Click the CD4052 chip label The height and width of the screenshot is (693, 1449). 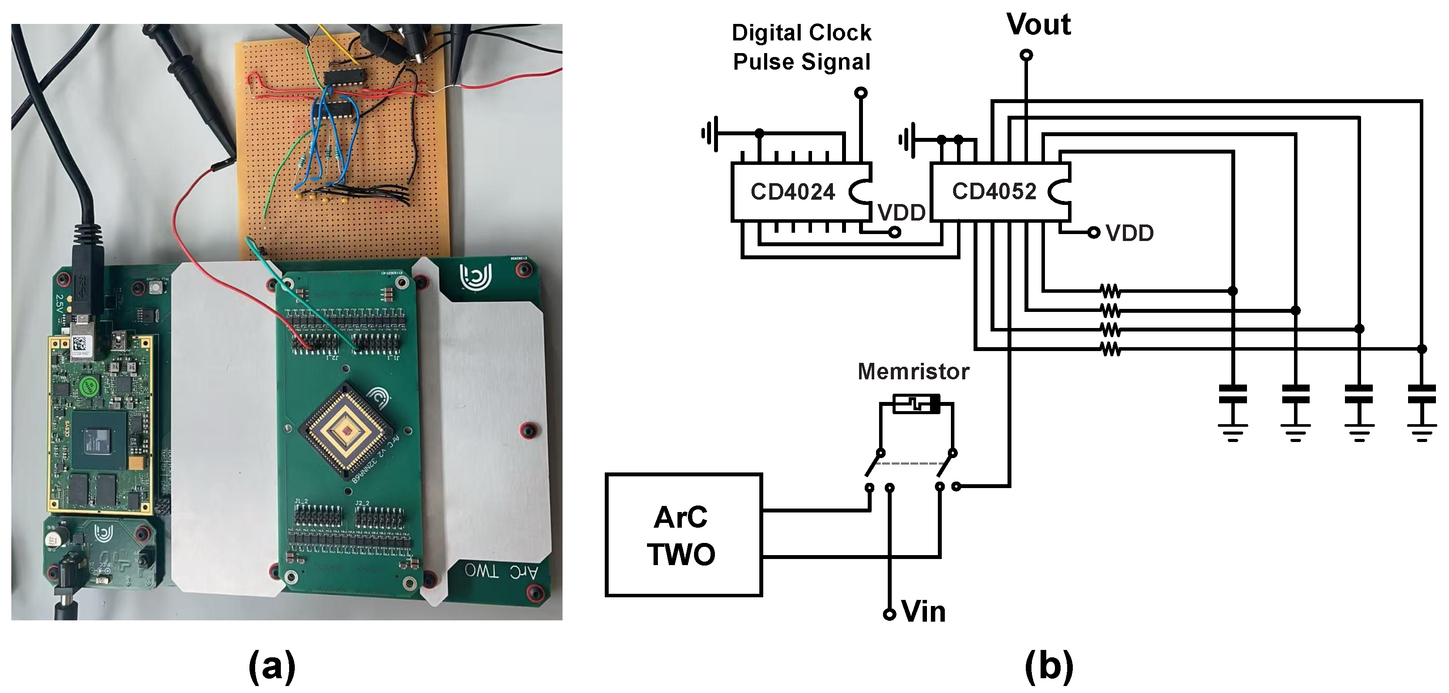click(x=994, y=192)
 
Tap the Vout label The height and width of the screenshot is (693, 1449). click(x=1038, y=25)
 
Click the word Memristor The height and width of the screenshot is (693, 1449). click(x=913, y=372)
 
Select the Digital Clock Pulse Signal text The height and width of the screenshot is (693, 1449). click(x=801, y=47)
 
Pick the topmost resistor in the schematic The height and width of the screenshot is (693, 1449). click(x=1110, y=291)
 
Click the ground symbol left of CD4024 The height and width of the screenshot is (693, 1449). click(x=710, y=134)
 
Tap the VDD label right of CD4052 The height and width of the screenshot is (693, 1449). click(x=1129, y=233)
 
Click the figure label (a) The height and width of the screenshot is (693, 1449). click(x=272, y=666)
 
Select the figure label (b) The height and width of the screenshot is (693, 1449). click(x=1048, y=666)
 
